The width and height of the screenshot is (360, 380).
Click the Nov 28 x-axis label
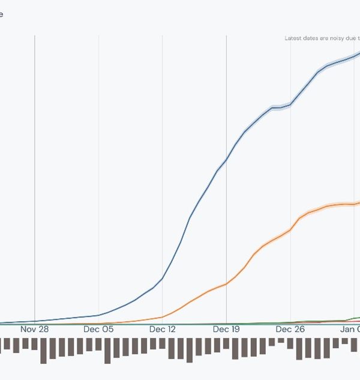point(35,329)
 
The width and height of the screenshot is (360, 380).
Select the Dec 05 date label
point(98,329)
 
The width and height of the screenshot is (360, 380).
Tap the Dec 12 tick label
point(163,329)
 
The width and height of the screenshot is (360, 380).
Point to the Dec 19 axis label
point(226,329)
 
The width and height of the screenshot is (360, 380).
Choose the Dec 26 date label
point(290,329)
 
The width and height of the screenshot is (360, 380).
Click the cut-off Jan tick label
point(350,329)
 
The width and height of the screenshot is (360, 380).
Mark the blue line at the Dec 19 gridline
point(226,160)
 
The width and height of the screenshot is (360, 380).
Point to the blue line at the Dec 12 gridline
point(163,279)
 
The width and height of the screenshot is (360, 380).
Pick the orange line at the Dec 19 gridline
point(226,284)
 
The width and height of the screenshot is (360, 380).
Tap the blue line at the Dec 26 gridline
point(290,105)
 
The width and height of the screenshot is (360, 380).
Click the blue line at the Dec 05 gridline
point(98,315)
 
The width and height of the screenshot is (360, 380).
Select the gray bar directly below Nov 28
point(34,343)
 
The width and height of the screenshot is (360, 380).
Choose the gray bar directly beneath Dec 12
point(162,343)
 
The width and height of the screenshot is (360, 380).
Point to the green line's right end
point(358,317)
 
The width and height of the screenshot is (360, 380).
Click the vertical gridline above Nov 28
point(35,180)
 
